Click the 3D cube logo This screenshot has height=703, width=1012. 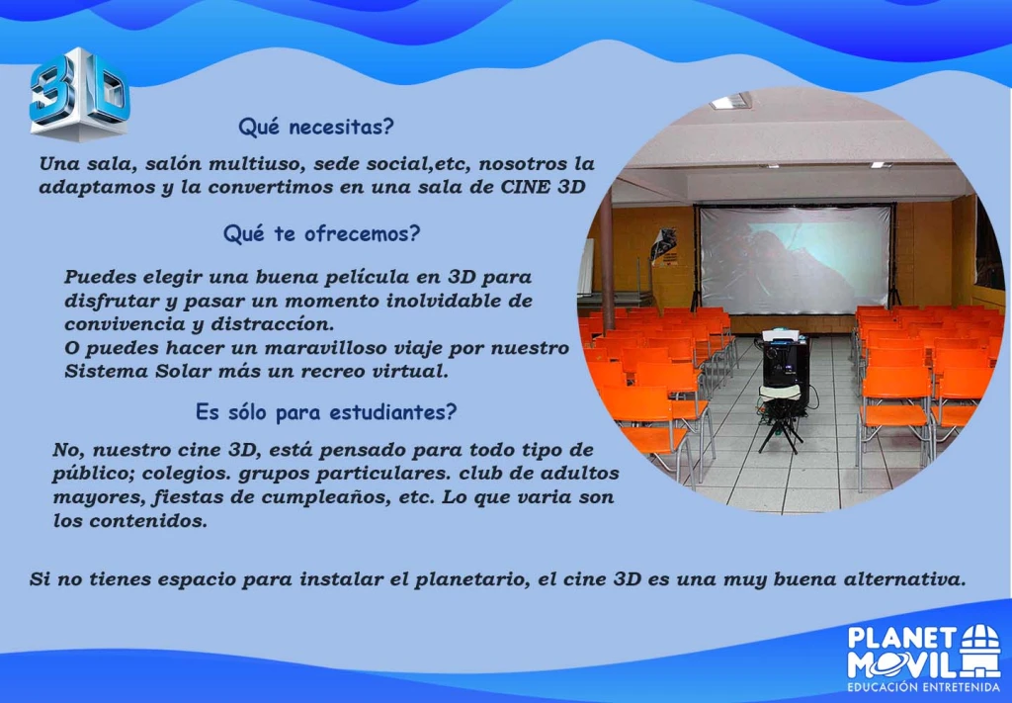pyautogui.click(x=79, y=94)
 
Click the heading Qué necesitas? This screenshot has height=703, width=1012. pyautogui.click(x=315, y=127)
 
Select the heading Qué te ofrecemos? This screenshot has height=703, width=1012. pyautogui.click(x=321, y=233)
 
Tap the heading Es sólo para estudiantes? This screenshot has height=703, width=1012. pyautogui.click(x=326, y=412)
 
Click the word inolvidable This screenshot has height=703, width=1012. pyautogui.click(x=453, y=301)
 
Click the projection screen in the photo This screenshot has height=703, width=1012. pyautogui.click(x=795, y=258)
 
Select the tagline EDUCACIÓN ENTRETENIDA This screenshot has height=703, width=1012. pyautogui.click(x=923, y=687)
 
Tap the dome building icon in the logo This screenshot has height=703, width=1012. pyautogui.click(x=981, y=650)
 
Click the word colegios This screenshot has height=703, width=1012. pyautogui.click(x=183, y=474)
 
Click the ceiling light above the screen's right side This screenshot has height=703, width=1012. pyautogui.click(x=881, y=165)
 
